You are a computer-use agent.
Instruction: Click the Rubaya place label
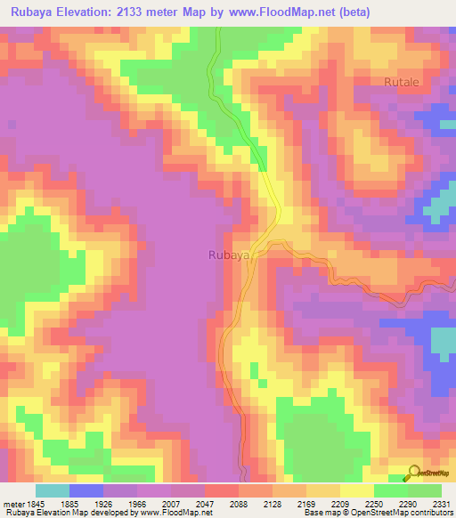pyautogui.click(x=227, y=255)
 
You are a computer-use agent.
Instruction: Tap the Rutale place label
pyautogui.click(x=402, y=82)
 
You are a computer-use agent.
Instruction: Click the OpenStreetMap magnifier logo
pyautogui.click(x=413, y=472)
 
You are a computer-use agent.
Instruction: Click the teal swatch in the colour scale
pyautogui.click(x=53, y=490)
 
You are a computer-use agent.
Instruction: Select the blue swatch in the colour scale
pyautogui.click(x=86, y=490)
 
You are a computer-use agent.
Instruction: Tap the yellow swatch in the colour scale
pyautogui.click(x=357, y=490)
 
